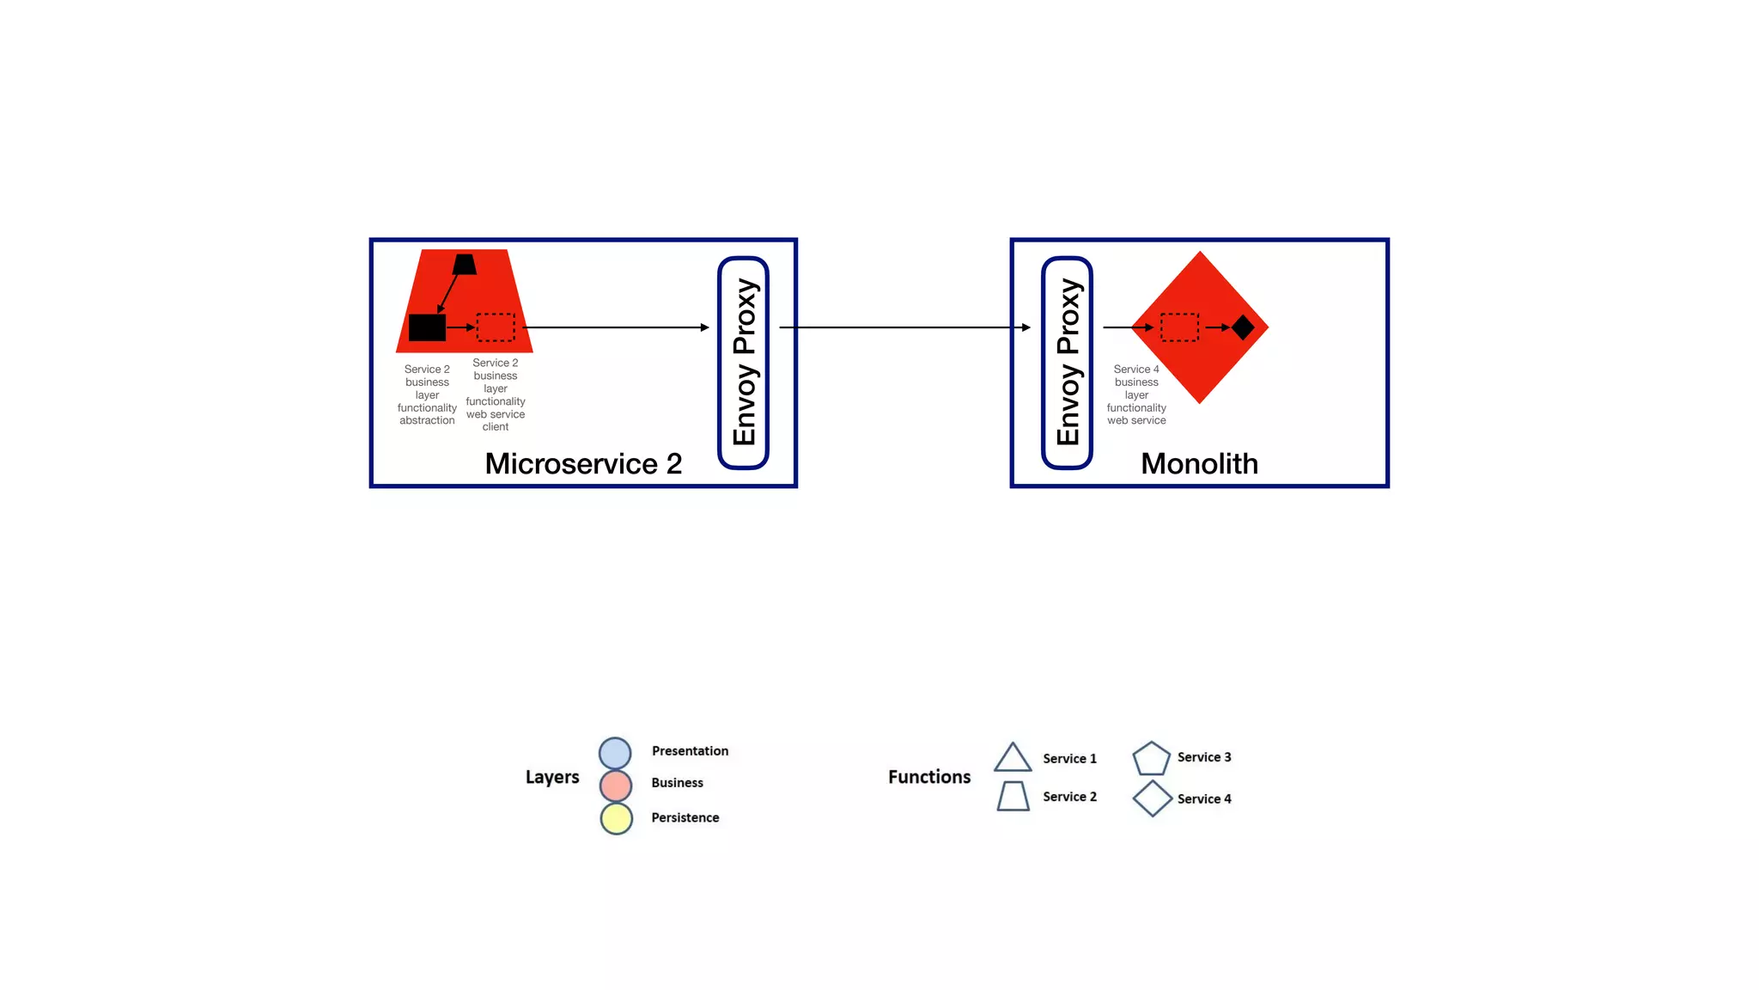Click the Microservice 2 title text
pyautogui.click(x=583, y=464)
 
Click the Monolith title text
pyautogui.click(x=1199, y=464)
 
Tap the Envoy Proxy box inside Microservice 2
pyautogui.click(x=744, y=363)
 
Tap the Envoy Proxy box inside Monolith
pyautogui.click(x=1068, y=363)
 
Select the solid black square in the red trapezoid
pyautogui.click(x=427, y=327)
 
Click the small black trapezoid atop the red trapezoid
pyautogui.click(x=465, y=265)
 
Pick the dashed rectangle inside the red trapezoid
pyautogui.click(x=496, y=327)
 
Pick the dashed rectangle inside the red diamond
pyautogui.click(x=1179, y=327)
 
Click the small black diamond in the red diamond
pyautogui.click(x=1243, y=327)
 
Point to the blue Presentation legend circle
pyautogui.click(x=615, y=753)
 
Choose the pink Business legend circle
pyautogui.click(x=616, y=785)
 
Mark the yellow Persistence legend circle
pyautogui.click(x=617, y=818)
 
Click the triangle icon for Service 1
pyautogui.click(x=1013, y=759)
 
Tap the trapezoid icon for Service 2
pyautogui.click(x=1013, y=797)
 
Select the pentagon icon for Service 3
pyautogui.click(x=1151, y=759)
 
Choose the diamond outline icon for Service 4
pyautogui.click(x=1152, y=798)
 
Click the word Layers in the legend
pyautogui.click(x=552, y=777)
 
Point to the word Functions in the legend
pyautogui.click(x=929, y=777)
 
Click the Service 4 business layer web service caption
pyautogui.click(x=1136, y=394)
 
